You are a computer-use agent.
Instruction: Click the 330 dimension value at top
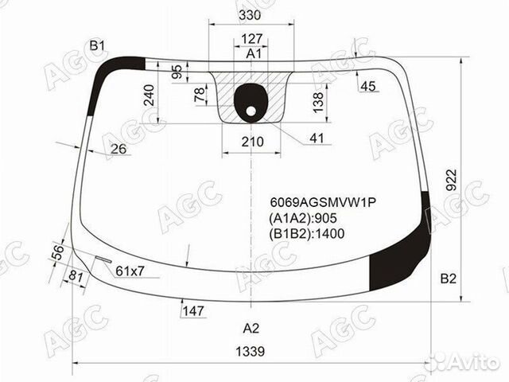pyautogui.click(x=250, y=15)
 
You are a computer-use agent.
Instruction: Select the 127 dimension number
pyautogui.click(x=252, y=39)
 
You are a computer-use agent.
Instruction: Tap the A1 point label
pyautogui.click(x=253, y=53)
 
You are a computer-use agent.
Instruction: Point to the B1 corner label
pyautogui.click(x=97, y=46)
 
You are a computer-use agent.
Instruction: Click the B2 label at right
pyautogui.click(x=448, y=279)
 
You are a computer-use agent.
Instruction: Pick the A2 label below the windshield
pyautogui.click(x=251, y=329)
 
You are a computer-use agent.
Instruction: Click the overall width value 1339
pyautogui.click(x=251, y=351)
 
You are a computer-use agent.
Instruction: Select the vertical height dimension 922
pyautogui.click(x=451, y=180)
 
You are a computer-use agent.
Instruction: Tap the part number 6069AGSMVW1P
pyautogui.click(x=323, y=202)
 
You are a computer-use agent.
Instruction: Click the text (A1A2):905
pyautogui.click(x=303, y=218)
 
